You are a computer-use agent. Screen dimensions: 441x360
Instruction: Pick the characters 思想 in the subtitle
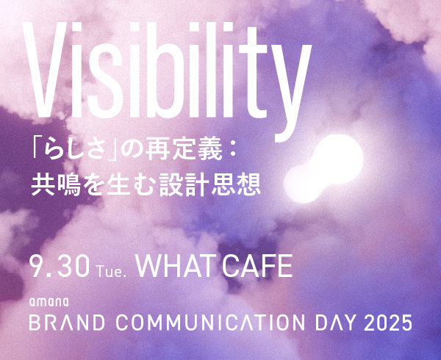[x=236, y=184]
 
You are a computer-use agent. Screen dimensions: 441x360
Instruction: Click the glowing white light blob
[x=324, y=168]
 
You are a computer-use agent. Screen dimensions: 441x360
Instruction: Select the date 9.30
[x=60, y=267]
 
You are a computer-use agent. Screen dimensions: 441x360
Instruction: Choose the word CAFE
[x=258, y=267]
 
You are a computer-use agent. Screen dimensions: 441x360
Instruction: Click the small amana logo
[x=49, y=302]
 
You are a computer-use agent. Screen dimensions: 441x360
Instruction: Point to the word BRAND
[x=67, y=323]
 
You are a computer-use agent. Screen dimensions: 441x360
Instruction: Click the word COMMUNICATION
[x=210, y=323]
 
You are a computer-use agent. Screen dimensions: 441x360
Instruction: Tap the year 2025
[x=388, y=323]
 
